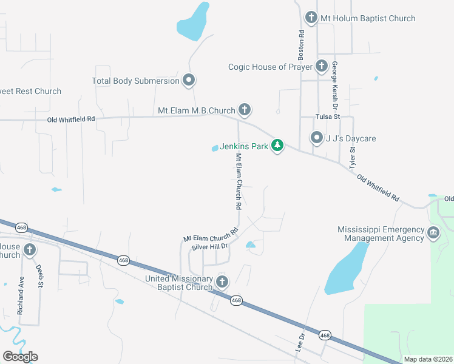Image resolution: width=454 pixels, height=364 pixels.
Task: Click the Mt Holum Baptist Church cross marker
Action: pyautogui.click(x=311, y=18)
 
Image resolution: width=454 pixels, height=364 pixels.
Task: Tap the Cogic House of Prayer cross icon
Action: pyautogui.click(x=321, y=66)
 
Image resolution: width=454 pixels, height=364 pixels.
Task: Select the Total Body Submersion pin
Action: pyautogui.click(x=189, y=80)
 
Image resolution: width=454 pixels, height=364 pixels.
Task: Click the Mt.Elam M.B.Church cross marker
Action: pyautogui.click(x=244, y=110)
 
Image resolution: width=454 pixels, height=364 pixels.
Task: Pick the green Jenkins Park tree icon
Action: pyautogui.click(x=277, y=146)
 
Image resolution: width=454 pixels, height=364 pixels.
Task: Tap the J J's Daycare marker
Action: pyautogui.click(x=316, y=138)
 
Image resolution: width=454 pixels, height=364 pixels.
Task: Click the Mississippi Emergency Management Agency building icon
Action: pyautogui.click(x=433, y=232)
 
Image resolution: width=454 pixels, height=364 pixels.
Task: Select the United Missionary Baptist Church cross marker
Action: pyautogui.click(x=222, y=281)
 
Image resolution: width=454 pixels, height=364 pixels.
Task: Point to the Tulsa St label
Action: pyautogui.click(x=327, y=116)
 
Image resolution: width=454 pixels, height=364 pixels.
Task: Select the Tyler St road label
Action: pyautogui.click(x=351, y=157)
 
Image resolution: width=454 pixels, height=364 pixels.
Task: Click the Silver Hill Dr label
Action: pyautogui.click(x=209, y=246)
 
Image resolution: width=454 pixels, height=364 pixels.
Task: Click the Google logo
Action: pyautogui.click(x=20, y=356)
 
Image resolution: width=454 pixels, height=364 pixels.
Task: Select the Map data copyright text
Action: pyautogui.click(x=428, y=359)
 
